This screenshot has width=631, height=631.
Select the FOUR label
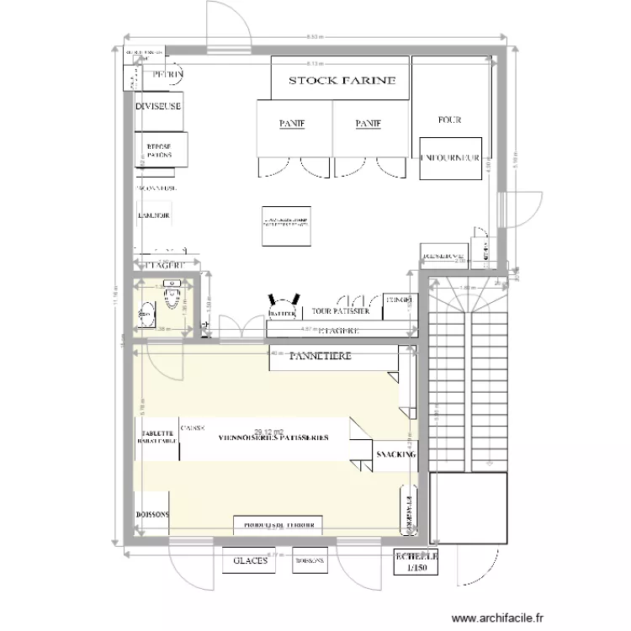pyautogui.click(x=449, y=120)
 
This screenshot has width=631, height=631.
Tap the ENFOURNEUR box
pyautogui.click(x=450, y=157)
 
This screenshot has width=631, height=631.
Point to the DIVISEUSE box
pyautogui.click(x=158, y=108)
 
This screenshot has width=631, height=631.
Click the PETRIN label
pyautogui.click(x=167, y=76)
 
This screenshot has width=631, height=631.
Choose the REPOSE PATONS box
pyautogui.click(x=159, y=151)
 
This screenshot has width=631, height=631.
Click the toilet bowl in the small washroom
pyautogui.click(x=146, y=313)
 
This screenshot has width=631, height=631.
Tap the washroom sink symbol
pyautogui.click(x=174, y=284)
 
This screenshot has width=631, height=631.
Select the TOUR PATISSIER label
pyautogui.click(x=341, y=311)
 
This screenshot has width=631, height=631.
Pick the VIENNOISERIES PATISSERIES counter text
pyautogui.click(x=273, y=439)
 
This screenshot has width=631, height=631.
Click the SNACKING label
pyautogui.click(x=396, y=454)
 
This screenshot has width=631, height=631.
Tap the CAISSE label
pyautogui.click(x=192, y=428)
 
